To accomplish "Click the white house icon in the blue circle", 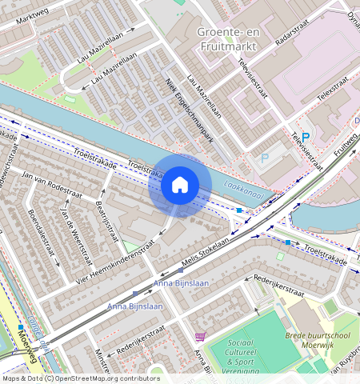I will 180,186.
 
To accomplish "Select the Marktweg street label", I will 20,14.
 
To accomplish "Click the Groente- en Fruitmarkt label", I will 227,39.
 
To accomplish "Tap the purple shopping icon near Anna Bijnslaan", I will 199,338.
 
